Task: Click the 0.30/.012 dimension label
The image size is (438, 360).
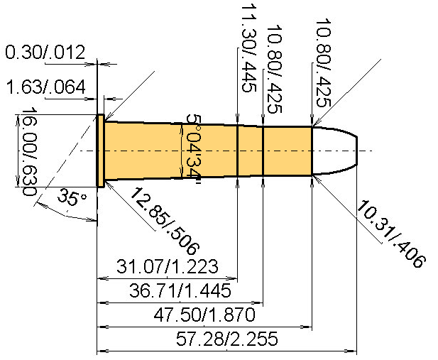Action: tap(45, 53)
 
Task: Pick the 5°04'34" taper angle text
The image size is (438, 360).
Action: tap(191, 150)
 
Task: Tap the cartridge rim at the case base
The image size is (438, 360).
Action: tap(101, 151)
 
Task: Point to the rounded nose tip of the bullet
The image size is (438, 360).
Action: tap(355, 151)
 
